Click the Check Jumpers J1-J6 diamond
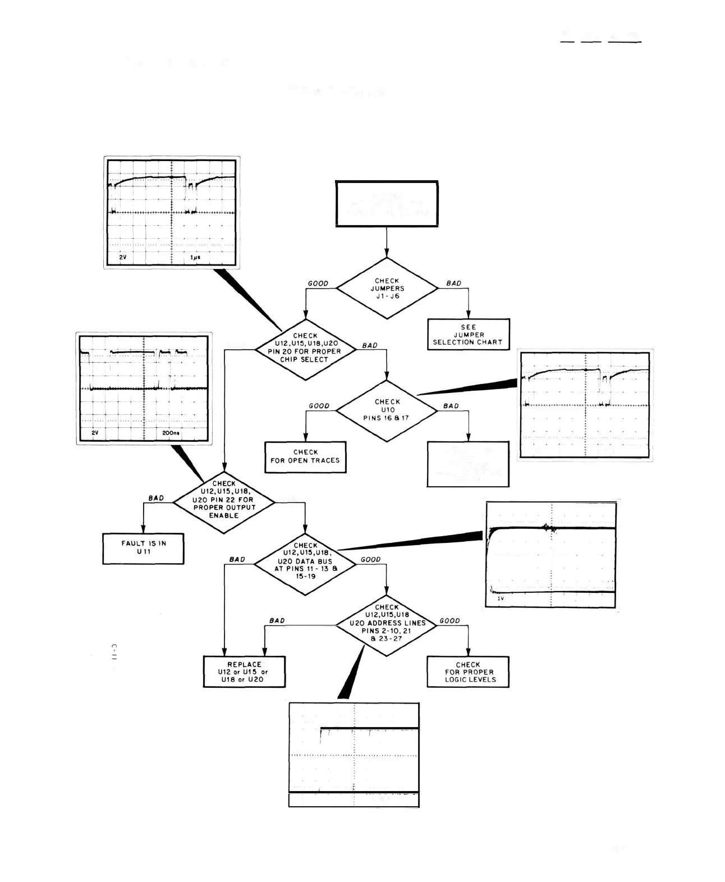point(387,289)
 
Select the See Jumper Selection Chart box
point(468,335)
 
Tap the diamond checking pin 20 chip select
point(305,349)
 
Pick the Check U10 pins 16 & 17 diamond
point(387,410)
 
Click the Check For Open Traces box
point(305,456)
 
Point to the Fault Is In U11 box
point(143,548)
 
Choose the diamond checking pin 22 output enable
point(224,500)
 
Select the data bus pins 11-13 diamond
point(305,561)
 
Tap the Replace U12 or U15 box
point(244,672)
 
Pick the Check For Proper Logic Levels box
point(468,672)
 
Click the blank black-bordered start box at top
point(387,204)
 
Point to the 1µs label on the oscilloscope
point(195,257)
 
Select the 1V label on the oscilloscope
point(501,599)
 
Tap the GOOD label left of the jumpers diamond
point(318,284)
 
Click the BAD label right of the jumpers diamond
point(453,284)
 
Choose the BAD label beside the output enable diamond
point(156,498)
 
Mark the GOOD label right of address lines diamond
point(449,621)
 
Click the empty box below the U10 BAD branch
point(468,464)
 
